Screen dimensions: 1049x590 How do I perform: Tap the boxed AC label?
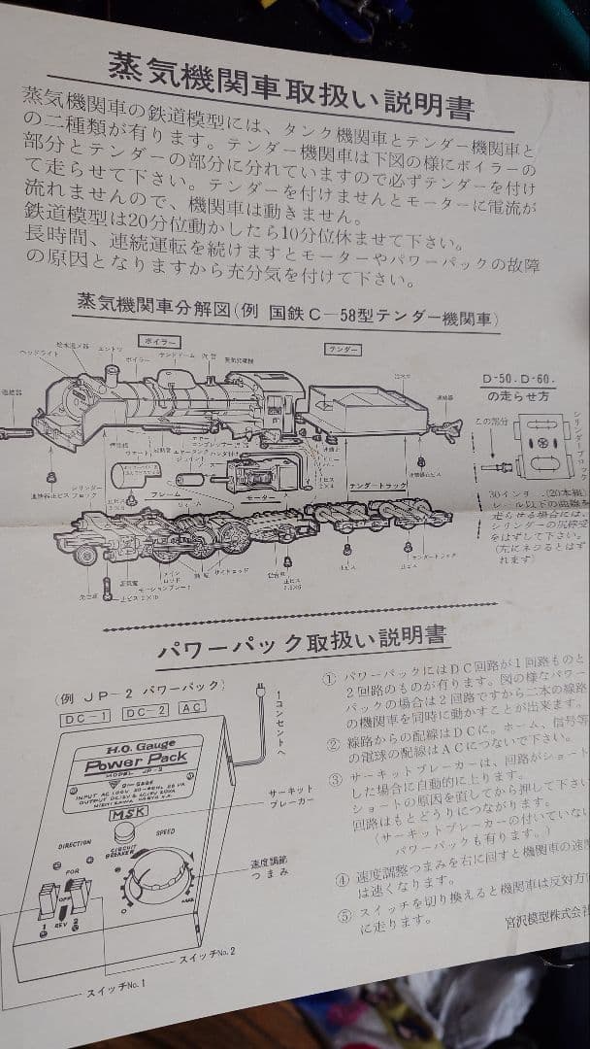click(191, 709)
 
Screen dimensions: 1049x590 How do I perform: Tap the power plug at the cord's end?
click(258, 691)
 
